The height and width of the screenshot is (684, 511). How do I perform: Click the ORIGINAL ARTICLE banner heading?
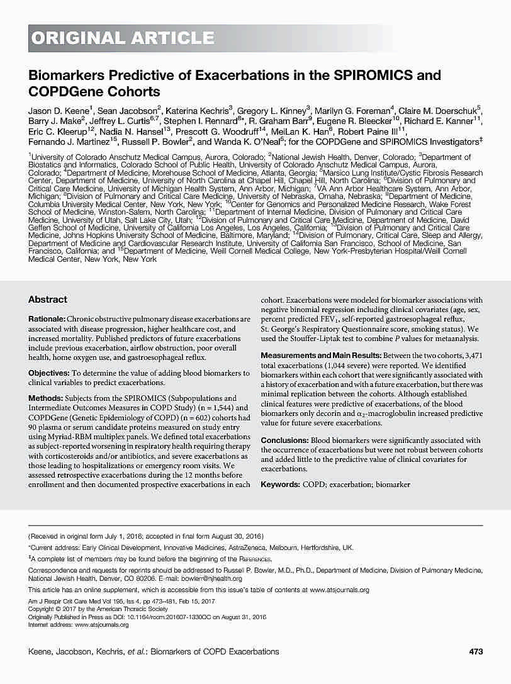[122, 38]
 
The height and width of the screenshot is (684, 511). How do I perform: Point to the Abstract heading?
[48, 300]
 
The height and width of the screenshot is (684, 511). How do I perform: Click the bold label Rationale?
[47, 320]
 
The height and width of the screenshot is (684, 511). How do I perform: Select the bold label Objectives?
[48, 373]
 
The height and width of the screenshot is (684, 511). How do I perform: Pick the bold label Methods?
[45, 398]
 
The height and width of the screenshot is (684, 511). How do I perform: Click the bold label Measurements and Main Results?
[321, 356]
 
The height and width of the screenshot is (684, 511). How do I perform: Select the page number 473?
[476, 651]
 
